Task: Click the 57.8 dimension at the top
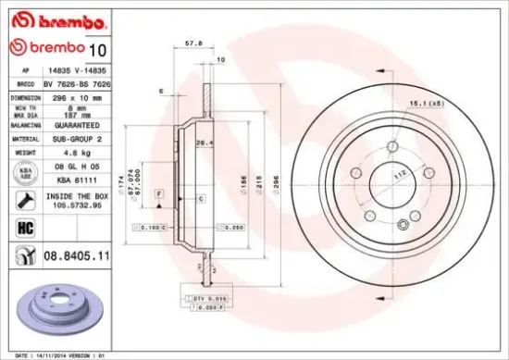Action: tap(193, 43)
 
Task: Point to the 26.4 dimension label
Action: tap(202, 143)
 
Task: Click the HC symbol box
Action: tap(21, 226)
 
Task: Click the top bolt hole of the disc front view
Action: tap(391, 145)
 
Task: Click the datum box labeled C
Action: tap(200, 199)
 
